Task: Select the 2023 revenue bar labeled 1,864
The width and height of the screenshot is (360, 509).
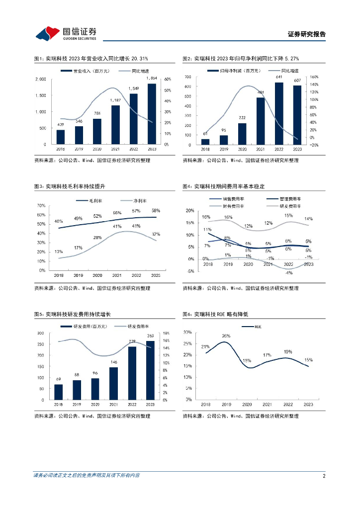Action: pos(152,114)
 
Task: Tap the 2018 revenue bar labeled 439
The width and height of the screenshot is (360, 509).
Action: pos(61,137)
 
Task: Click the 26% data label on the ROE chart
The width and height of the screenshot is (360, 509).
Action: pos(226,336)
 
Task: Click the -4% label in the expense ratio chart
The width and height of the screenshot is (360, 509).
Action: pos(288,273)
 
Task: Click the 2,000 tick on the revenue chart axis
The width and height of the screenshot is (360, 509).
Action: pos(41,79)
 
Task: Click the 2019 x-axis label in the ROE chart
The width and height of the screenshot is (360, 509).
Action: pos(226,405)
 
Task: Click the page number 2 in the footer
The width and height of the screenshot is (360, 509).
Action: pos(324,476)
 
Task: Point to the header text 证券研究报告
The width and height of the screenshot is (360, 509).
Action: pos(307,34)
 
